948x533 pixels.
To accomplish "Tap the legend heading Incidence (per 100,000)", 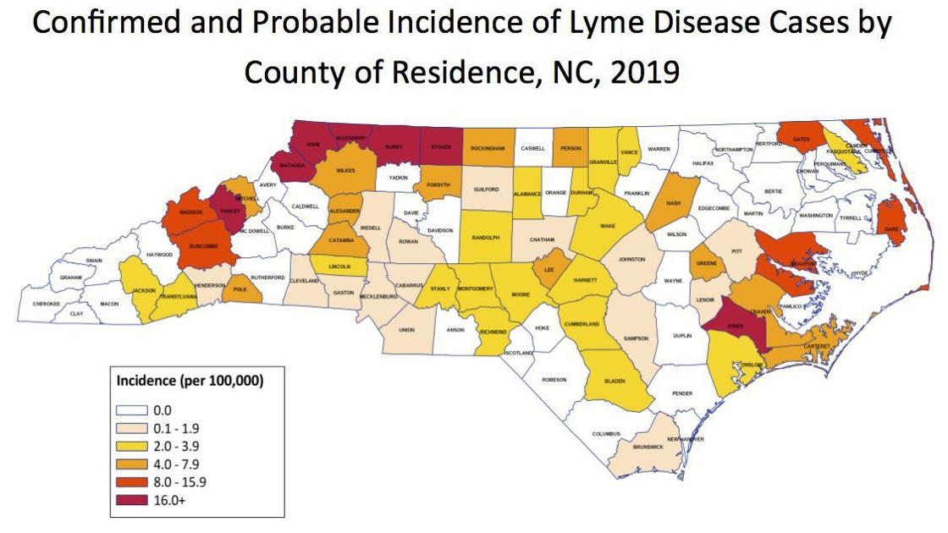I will tap(190, 381).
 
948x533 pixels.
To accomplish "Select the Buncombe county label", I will tap(204, 246).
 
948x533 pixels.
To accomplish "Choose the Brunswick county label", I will tap(647, 446).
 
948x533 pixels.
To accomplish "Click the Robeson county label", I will tap(554, 379).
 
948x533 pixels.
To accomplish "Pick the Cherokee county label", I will tap(46, 304).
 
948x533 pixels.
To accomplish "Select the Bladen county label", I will tap(614, 381).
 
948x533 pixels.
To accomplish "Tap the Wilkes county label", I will tap(345, 170).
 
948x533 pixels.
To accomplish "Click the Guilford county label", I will tap(486, 190).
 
